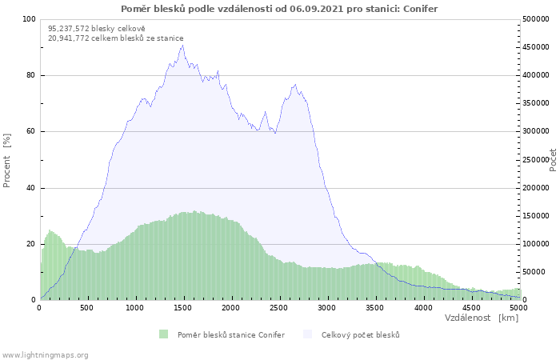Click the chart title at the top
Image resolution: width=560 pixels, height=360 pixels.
pyautogui.click(x=279, y=8)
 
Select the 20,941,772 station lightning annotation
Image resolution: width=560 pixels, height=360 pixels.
pyautogui.click(x=115, y=38)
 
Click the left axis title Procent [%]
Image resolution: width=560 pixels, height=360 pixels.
pyautogui.click(x=7, y=160)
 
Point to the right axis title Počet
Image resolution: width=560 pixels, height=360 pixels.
pyautogui.click(x=553, y=159)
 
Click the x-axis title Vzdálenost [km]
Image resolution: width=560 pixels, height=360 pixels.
pyautogui.click(x=482, y=318)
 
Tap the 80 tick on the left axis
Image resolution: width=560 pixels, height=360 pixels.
pyautogui.click(x=30, y=75)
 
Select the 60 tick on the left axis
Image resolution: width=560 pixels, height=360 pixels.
pyautogui.click(x=30, y=131)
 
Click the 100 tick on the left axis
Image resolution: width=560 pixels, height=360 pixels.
pyautogui.click(x=28, y=19)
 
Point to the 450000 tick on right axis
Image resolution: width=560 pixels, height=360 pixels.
pyautogui.click(x=536, y=47)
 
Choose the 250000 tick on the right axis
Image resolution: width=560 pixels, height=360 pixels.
pyautogui.click(x=536, y=160)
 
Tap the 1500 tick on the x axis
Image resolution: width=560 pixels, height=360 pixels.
pyautogui.click(x=183, y=307)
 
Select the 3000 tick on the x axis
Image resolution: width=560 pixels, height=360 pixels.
pyautogui.click(x=327, y=307)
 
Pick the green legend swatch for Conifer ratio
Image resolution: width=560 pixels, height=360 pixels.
pyautogui.click(x=164, y=334)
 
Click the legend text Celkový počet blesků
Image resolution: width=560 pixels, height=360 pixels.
pyautogui.click(x=360, y=334)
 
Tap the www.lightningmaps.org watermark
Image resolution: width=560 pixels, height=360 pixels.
pyautogui.click(x=45, y=354)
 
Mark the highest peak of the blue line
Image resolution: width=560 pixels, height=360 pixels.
pyautogui.click(x=182, y=45)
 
